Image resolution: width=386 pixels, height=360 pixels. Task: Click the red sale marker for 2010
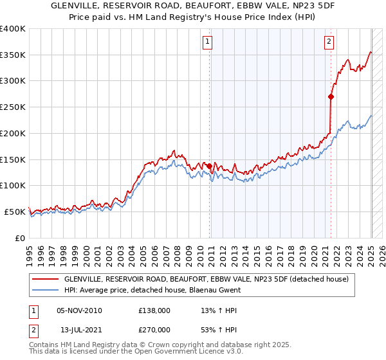point(210,166)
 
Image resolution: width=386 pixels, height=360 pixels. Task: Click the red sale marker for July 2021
point(331,97)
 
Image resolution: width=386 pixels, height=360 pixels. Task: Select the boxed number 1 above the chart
point(208,42)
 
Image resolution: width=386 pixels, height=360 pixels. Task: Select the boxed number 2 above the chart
point(329,42)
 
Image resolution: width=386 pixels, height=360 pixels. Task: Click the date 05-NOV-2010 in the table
point(80,310)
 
